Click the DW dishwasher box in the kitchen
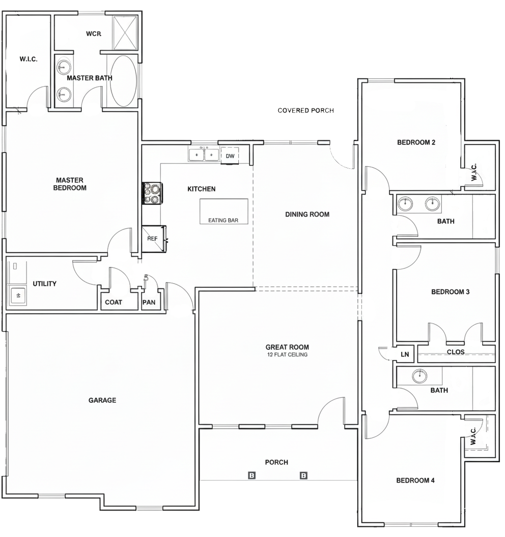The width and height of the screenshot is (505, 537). (x=230, y=156)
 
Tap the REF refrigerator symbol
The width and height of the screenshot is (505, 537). (x=154, y=238)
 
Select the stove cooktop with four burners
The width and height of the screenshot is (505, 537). (x=153, y=194)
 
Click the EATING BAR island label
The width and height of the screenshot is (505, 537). (x=223, y=220)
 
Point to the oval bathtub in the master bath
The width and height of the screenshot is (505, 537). (x=123, y=81)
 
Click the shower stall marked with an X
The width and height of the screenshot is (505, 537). (x=125, y=33)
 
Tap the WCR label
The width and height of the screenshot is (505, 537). (x=94, y=34)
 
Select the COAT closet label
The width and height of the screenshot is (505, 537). (x=114, y=302)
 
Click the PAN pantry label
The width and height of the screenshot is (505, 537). (x=149, y=302)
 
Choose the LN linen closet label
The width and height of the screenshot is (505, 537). (x=405, y=354)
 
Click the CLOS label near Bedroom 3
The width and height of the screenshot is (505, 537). (x=456, y=352)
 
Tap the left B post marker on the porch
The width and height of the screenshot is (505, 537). (x=252, y=475)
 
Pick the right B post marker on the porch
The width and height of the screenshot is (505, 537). (x=303, y=475)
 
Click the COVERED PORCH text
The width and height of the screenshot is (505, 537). (x=306, y=110)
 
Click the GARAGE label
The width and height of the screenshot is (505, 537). (x=102, y=400)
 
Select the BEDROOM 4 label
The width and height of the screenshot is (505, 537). (x=415, y=481)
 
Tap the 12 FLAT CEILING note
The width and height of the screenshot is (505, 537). (x=287, y=355)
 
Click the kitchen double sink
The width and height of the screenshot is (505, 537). (x=204, y=155)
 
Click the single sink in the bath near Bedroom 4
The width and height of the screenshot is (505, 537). (x=419, y=376)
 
